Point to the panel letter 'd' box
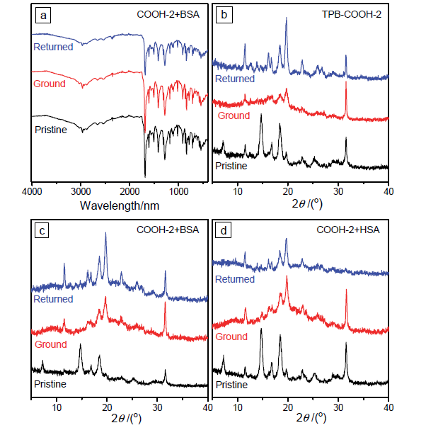(225, 230)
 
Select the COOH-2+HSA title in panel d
(353, 230)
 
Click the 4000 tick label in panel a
(33, 191)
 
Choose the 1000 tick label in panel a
(179, 191)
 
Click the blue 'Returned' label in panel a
(54, 47)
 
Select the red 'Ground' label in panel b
(234, 115)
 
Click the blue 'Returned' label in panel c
(54, 299)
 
